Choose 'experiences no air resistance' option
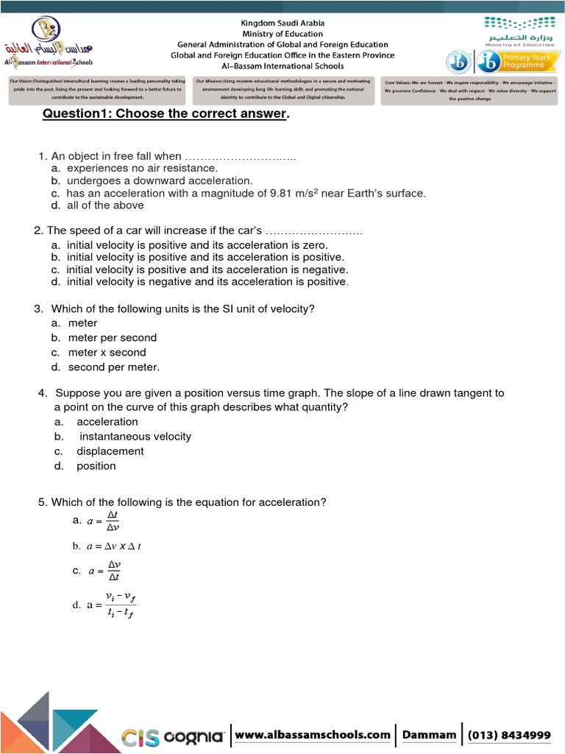[x=143, y=168]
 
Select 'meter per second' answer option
[x=113, y=337]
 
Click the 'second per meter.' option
[x=114, y=367]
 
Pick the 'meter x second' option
[x=107, y=352]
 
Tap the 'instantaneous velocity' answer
[x=135, y=436]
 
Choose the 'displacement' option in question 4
[x=110, y=451]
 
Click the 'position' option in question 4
[x=96, y=465]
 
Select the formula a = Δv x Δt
[x=114, y=546]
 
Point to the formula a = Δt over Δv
[x=104, y=521]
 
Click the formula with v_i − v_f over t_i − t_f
[x=113, y=605]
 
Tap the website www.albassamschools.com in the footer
[x=313, y=734]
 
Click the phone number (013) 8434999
[x=509, y=734]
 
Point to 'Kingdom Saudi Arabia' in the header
[x=283, y=24]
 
